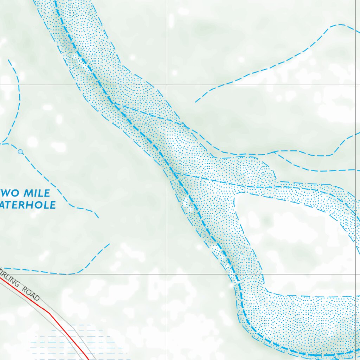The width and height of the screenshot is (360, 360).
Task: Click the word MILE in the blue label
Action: (x=37, y=193)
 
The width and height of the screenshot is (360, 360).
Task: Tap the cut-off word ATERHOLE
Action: (x=28, y=205)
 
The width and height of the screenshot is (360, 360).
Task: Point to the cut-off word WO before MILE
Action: (x=11, y=193)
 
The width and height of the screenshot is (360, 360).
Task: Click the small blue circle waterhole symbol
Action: (x=20, y=152)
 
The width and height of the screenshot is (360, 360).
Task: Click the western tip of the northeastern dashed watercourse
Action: (x=195, y=102)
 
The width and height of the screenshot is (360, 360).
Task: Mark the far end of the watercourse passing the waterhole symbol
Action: (x=98, y=217)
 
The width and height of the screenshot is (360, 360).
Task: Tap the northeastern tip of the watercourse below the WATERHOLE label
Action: (x=109, y=244)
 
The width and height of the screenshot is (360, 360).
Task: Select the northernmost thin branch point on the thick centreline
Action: (x=114, y=103)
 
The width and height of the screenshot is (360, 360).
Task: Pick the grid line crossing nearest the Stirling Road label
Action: (x=166, y=274)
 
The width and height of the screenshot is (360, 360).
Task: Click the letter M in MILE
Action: (x=27, y=193)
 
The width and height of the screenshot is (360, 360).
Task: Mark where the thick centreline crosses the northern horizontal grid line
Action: (x=98, y=85)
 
